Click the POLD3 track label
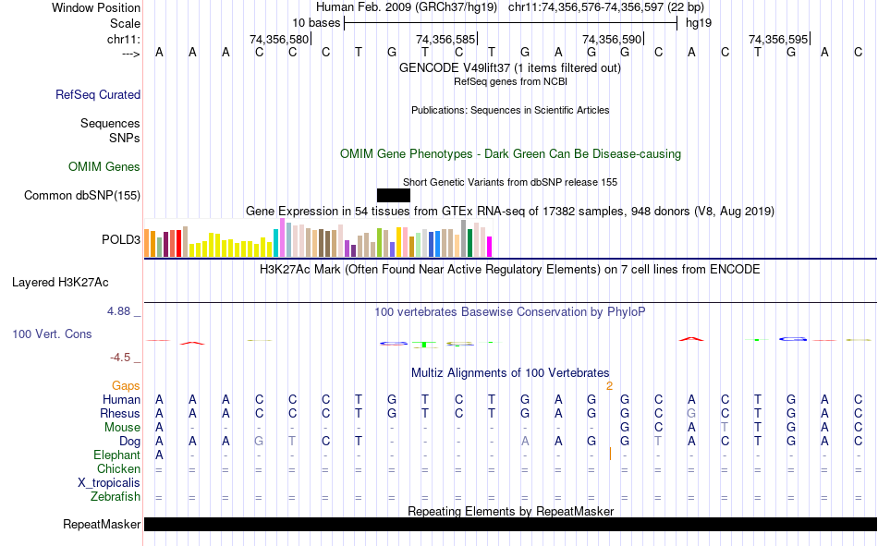[x=120, y=240]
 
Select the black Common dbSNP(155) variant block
[x=393, y=195]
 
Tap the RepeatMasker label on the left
[x=102, y=525]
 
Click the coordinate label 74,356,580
[x=279, y=39]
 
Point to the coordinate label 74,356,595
[x=778, y=39]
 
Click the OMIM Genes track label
[x=104, y=167]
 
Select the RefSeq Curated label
[x=98, y=94]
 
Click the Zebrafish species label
[x=116, y=497]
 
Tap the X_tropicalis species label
[x=109, y=483]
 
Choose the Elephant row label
[x=116, y=455]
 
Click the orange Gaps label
[x=126, y=385]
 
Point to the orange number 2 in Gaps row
[x=609, y=385]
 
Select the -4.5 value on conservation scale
[x=121, y=358]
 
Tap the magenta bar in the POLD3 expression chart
[x=489, y=247]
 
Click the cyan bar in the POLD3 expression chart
[x=276, y=243]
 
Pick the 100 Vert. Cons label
[x=52, y=334]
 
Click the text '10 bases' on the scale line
[x=316, y=22]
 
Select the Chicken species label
[x=118, y=469]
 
